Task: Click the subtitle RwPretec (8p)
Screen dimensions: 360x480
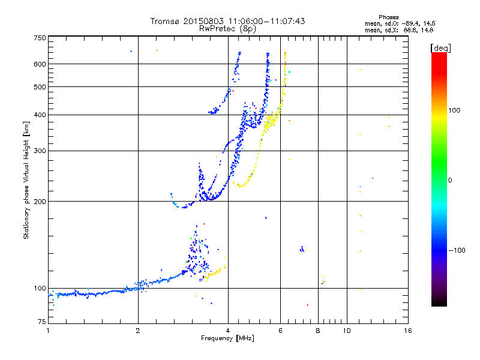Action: click(x=227, y=28)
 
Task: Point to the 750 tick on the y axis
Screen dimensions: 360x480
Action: click(x=40, y=38)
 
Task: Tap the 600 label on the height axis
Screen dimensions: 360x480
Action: click(x=40, y=64)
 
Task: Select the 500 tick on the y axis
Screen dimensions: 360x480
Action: click(x=40, y=87)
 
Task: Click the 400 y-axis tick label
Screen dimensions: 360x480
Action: click(x=40, y=115)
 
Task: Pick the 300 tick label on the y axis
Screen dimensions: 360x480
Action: click(x=40, y=151)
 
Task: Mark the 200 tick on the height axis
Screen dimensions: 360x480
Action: click(x=40, y=202)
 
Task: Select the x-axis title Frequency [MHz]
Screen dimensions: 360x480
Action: click(x=228, y=339)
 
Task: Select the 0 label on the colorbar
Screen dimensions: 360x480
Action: click(x=451, y=180)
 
